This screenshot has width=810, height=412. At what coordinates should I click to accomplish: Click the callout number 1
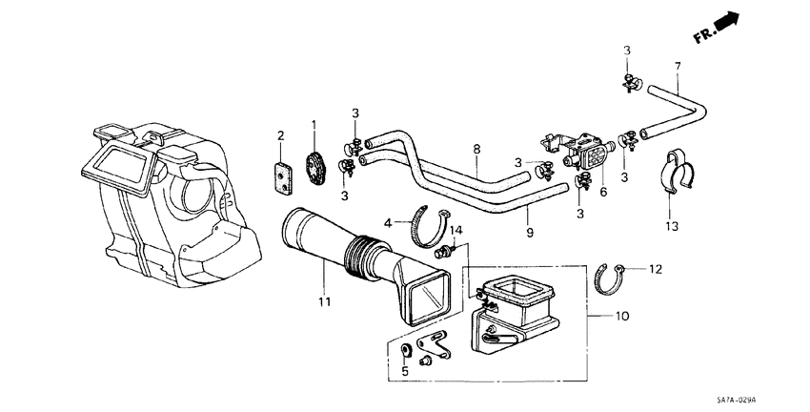pos(313,125)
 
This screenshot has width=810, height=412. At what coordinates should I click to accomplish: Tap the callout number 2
pos(280,135)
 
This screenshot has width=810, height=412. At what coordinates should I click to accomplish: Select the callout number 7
pos(678,66)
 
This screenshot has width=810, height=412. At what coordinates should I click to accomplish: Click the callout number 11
pos(324,303)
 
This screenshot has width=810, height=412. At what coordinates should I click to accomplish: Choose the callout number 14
pos(456,231)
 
